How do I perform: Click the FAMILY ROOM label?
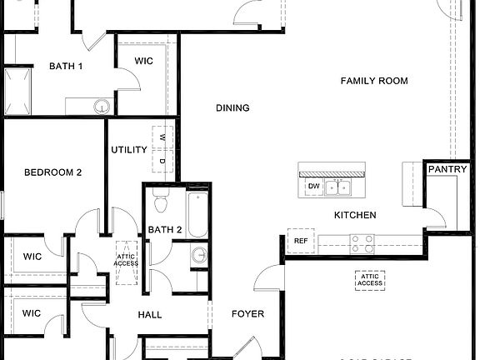(374, 81)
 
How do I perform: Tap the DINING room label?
(232, 107)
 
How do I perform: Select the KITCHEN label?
(355, 215)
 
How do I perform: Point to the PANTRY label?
(442, 169)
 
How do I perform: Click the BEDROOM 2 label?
(52, 172)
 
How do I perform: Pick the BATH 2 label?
(165, 230)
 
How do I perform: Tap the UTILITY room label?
(129, 150)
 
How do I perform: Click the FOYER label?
(247, 314)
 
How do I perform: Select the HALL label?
(150, 315)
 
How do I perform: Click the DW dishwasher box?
(313, 186)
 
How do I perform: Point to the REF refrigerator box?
(300, 241)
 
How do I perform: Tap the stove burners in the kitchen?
(361, 242)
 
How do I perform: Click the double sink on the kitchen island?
(337, 186)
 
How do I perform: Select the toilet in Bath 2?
(162, 202)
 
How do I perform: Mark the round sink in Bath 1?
(101, 106)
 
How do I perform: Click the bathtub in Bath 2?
(197, 214)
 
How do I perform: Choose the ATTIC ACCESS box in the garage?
(370, 280)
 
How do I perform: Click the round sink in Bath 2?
(198, 255)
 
